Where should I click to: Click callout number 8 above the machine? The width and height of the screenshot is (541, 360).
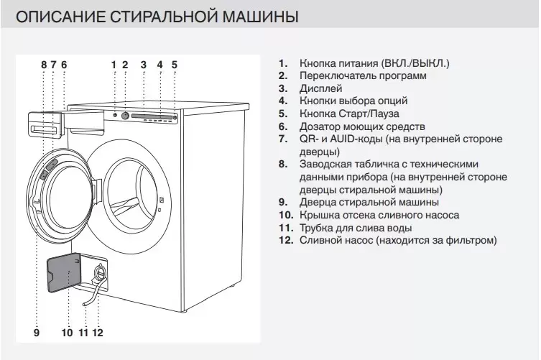[x=44, y=65]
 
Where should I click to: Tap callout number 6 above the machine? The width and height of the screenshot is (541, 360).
[x=64, y=65]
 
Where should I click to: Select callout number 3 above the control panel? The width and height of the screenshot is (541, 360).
[x=144, y=65]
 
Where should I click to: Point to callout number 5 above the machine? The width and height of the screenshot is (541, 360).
[x=174, y=65]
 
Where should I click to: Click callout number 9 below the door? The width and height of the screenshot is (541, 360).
[x=36, y=333]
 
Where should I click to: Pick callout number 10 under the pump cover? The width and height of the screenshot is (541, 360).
[x=68, y=333]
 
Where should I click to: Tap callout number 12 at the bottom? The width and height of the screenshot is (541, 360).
[x=98, y=333]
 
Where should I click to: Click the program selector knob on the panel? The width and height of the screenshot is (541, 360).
[x=125, y=116]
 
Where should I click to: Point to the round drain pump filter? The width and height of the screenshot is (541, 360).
[x=100, y=272]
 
